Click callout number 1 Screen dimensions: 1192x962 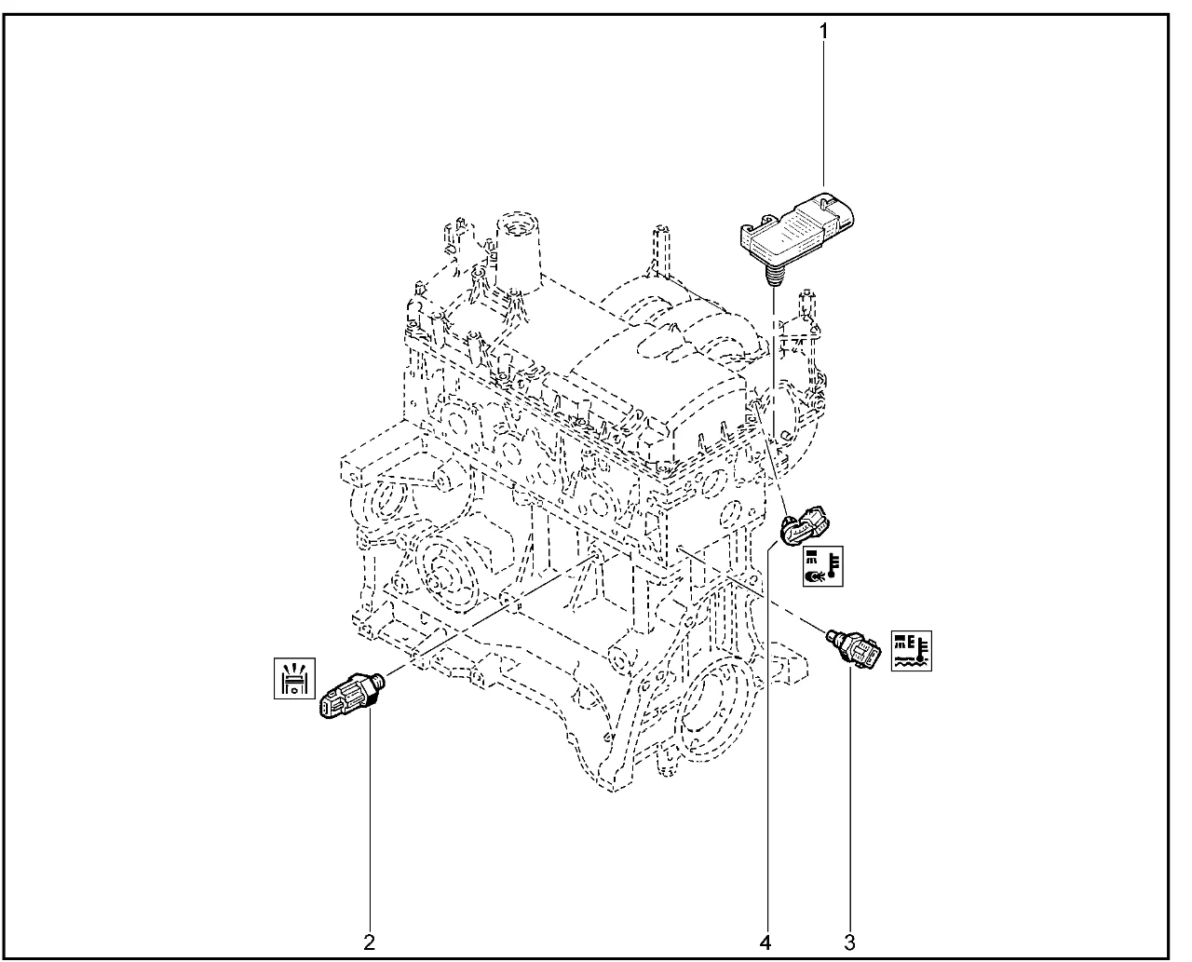[823, 32]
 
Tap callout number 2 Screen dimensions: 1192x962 [369, 942]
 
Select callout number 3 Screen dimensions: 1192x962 [849, 942]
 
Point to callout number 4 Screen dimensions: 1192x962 [765, 942]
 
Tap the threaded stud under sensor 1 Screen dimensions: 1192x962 [773, 276]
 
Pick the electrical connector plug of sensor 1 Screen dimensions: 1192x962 [838, 211]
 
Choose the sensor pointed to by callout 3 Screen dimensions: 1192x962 [853, 647]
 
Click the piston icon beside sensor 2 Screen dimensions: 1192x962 [294, 678]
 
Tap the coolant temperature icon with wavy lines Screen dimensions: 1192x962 [911, 650]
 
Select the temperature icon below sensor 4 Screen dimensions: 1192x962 [822, 566]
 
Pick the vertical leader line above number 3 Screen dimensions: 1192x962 [849, 799]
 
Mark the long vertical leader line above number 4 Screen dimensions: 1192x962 [767, 739]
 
